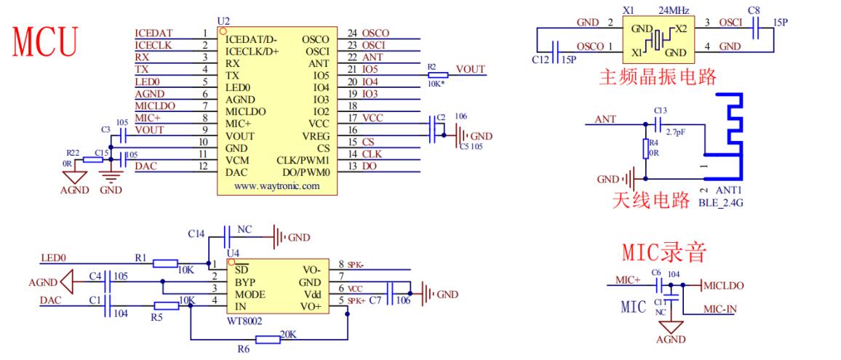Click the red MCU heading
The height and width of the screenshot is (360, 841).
coord(45,42)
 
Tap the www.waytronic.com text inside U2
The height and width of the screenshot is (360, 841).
coord(276,186)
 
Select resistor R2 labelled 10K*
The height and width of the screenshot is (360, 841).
coord(438,75)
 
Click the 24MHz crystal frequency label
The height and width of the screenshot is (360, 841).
coord(673,10)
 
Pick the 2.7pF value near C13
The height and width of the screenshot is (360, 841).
coord(675,132)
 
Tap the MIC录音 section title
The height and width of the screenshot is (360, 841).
coord(664,252)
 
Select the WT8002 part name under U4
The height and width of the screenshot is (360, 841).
coord(244,320)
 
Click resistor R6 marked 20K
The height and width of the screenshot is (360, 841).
coord(268,339)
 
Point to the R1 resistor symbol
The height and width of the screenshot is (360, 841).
coord(165,263)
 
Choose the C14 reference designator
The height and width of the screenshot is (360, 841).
coord(196,234)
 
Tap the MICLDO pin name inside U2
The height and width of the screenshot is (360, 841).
coord(245,111)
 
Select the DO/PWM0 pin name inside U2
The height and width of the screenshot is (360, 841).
coord(306,172)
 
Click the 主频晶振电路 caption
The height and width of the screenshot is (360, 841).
coord(658,77)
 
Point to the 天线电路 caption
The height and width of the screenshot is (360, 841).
coord(650,201)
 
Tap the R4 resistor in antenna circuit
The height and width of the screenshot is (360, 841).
coord(646,148)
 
